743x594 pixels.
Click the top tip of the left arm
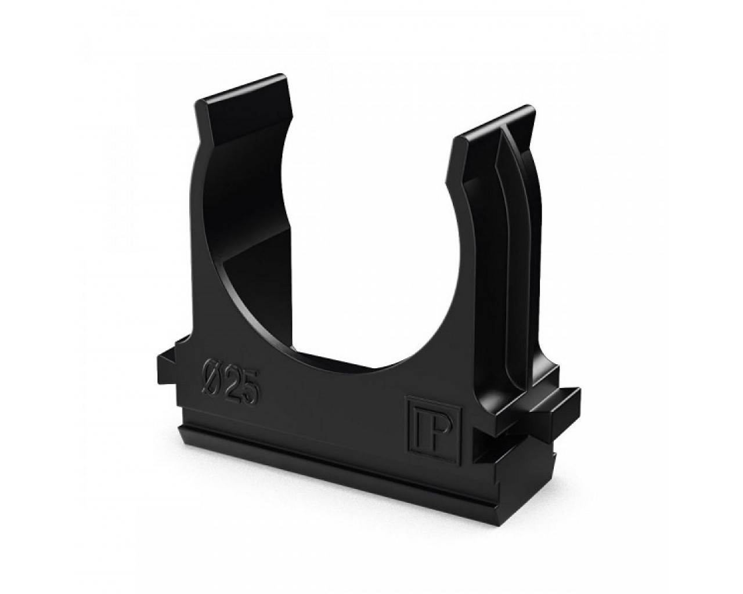[283, 74]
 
